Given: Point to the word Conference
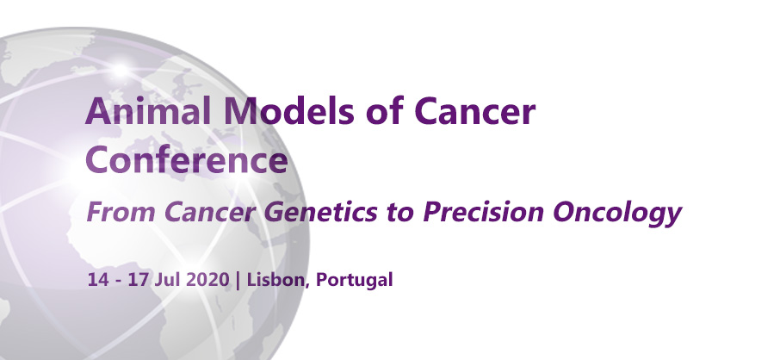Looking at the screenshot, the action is click(187, 160).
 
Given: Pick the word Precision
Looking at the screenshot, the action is click(483, 212).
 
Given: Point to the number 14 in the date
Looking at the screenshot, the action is click(98, 279).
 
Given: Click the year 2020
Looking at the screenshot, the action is click(208, 279).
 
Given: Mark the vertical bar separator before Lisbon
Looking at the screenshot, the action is click(238, 280).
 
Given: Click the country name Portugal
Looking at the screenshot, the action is click(355, 280).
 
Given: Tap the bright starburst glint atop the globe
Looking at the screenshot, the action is click(120, 71).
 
